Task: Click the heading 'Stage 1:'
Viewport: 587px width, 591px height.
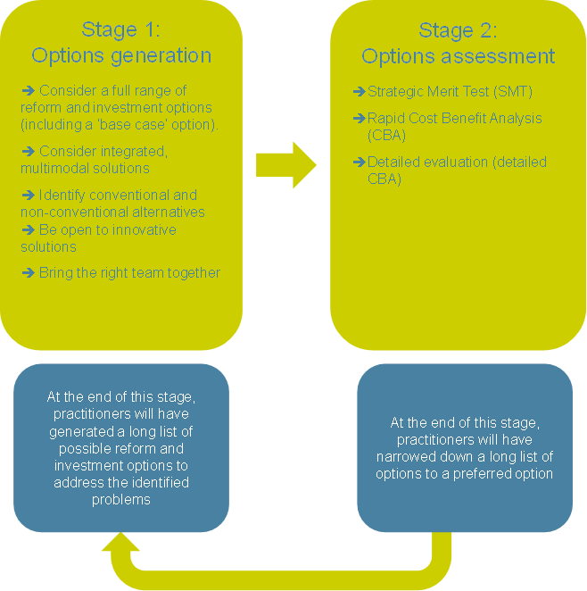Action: [x=121, y=29]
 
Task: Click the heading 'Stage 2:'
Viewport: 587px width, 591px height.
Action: [x=458, y=29]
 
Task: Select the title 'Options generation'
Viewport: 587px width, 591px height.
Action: [x=121, y=55]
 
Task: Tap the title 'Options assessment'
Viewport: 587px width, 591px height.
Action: [x=458, y=56]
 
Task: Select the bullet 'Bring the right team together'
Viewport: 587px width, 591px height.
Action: [x=129, y=272]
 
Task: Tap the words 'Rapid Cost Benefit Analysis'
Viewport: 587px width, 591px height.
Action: [x=455, y=118]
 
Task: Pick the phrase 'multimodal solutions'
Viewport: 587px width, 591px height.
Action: [x=85, y=168]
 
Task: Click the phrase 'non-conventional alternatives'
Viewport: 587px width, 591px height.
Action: [x=112, y=212]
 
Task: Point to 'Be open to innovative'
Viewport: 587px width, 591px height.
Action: [x=108, y=229]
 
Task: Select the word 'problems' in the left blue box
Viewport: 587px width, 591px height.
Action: [x=120, y=499]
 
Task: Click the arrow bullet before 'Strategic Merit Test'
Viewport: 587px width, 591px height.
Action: [x=360, y=91]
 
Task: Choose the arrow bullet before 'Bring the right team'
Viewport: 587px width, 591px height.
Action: [x=28, y=272]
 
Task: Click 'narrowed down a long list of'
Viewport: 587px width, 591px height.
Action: [x=465, y=457]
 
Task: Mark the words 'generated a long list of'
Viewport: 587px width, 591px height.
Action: [x=120, y=432]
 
